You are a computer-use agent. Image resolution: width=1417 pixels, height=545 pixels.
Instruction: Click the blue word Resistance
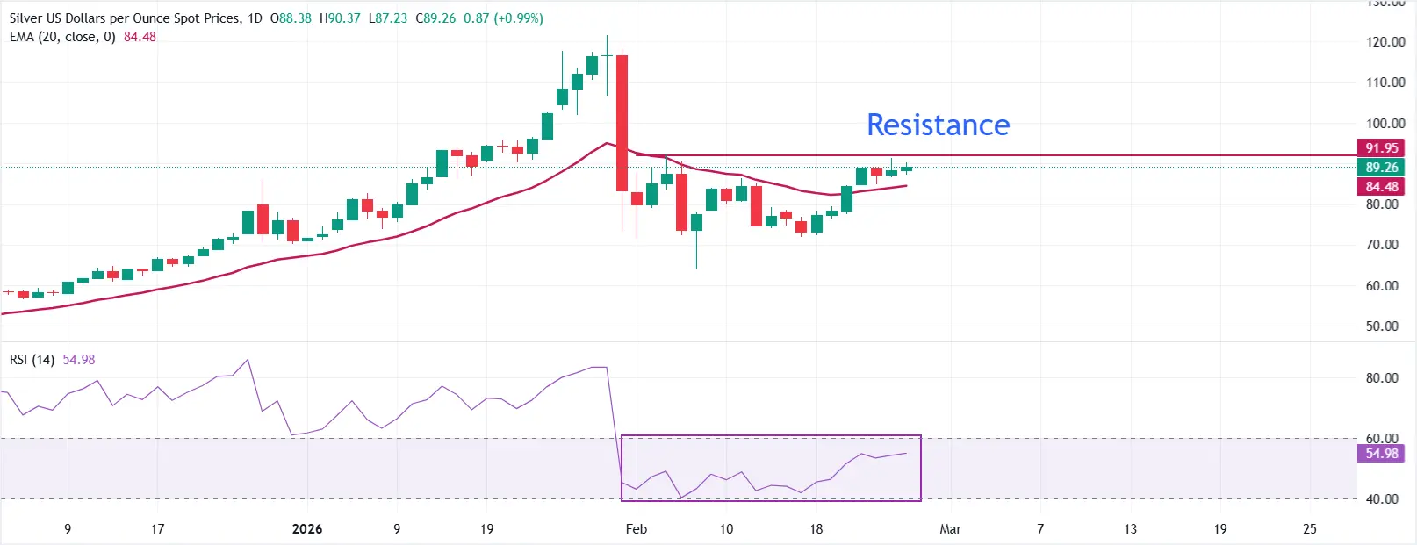(938, 125)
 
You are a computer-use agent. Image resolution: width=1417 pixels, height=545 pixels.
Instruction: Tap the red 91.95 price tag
(1381, 148)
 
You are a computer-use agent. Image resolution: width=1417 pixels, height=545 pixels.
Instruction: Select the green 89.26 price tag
(1381, 168)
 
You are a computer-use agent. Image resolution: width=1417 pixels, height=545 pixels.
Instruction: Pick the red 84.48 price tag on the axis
(1381, 187)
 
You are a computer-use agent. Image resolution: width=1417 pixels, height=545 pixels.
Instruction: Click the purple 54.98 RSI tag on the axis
(1381, 454)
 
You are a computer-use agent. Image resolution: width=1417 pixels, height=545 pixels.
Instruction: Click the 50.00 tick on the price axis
(1382, 326)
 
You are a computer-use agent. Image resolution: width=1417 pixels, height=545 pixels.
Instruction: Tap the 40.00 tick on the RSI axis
(1382, 499)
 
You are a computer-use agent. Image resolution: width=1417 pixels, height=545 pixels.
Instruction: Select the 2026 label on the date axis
(307, 529)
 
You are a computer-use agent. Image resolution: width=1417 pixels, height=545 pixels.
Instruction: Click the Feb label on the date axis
(637, 529)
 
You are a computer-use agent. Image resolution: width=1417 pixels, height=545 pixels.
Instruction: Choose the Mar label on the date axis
(950, 529)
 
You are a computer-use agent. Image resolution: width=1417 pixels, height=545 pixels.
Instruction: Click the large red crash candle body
(622, 123)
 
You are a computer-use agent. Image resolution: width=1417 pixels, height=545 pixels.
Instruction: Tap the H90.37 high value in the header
(340, 18)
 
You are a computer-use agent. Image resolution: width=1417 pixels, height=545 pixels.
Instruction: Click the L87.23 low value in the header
(388, 18)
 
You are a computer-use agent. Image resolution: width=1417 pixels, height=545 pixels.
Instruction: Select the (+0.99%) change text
(518, 18)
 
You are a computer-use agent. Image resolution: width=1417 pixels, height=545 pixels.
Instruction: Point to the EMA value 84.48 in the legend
(140, 37)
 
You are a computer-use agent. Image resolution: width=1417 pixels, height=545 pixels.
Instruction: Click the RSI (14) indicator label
(32, 360)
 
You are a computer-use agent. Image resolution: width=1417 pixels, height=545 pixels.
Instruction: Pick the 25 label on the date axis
(1310, 529)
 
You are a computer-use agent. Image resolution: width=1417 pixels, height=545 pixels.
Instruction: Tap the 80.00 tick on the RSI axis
(1382, 378)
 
